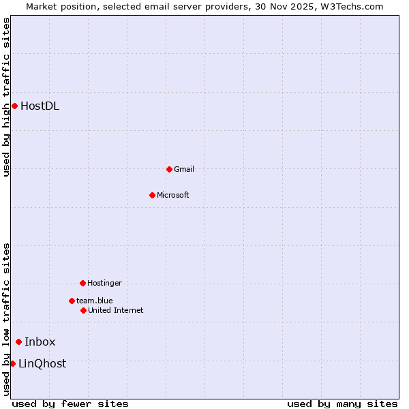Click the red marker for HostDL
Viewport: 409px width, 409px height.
pyautogui.click(x=14, y=106)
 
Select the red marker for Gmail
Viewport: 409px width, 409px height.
pyautogui.click(x=169, y=169)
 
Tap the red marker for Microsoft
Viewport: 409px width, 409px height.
pyautogui.click(x=152, y=195)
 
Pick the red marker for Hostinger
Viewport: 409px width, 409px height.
pyautogui.click(x=82, y=283)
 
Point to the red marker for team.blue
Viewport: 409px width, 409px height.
pyautogui.click(x=72, y=301)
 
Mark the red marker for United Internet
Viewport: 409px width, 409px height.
pyautogui.click(x=83, y=310)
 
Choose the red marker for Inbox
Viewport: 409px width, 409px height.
pyautogui.click(x=18, y=342)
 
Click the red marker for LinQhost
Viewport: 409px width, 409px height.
pyautogui.click(x=12, y=363)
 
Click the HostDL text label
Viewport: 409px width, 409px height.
pyautogui.click(x=40, y=106)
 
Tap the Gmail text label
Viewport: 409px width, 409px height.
pyautogui.click(x=184, y=169)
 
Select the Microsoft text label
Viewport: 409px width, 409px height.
pyautogui.click(x=173, y=195)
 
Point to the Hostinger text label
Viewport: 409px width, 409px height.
pyautogui.click(x=104, y=283)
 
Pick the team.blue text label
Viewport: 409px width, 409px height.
pyautogui.click(x=95, y=301)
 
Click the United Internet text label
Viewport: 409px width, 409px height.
pyautogui.click(x=116, y=310)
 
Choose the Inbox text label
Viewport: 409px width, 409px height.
pyautogui.click(x=40, y=342)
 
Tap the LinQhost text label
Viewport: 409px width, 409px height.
pyautogui.click(x=42, y=363)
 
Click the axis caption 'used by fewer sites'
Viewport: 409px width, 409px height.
pyautogui.click(x=70, y=404)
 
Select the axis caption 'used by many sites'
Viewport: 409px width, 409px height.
pyautogui.click(x=342, y=404)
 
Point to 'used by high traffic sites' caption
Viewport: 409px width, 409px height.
pyautogui.click(x=6, y=97)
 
